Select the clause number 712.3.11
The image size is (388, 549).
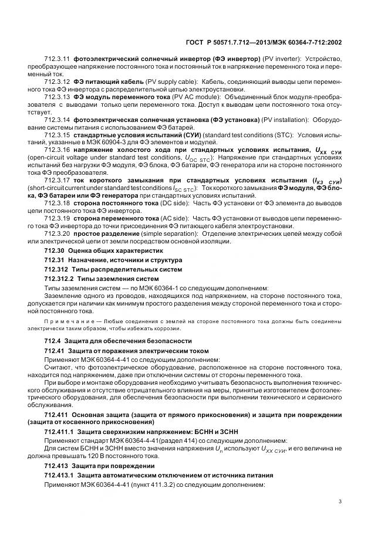pos(56,59)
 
